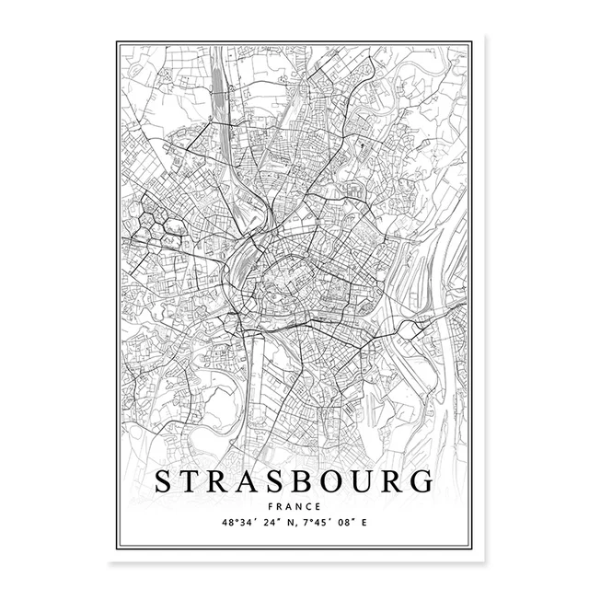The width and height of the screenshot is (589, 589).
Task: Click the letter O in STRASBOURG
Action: click(359, 481)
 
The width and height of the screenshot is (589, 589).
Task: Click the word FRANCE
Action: click(295, 507)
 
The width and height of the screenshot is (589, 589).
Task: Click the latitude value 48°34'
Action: click(238, 523)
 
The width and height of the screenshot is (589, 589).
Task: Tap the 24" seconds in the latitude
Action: click(273, 523)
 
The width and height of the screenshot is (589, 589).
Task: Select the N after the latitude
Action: click(294, 523)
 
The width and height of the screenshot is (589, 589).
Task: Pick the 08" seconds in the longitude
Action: click(353, 523)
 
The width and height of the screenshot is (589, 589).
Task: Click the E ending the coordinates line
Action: click(374, 523)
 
